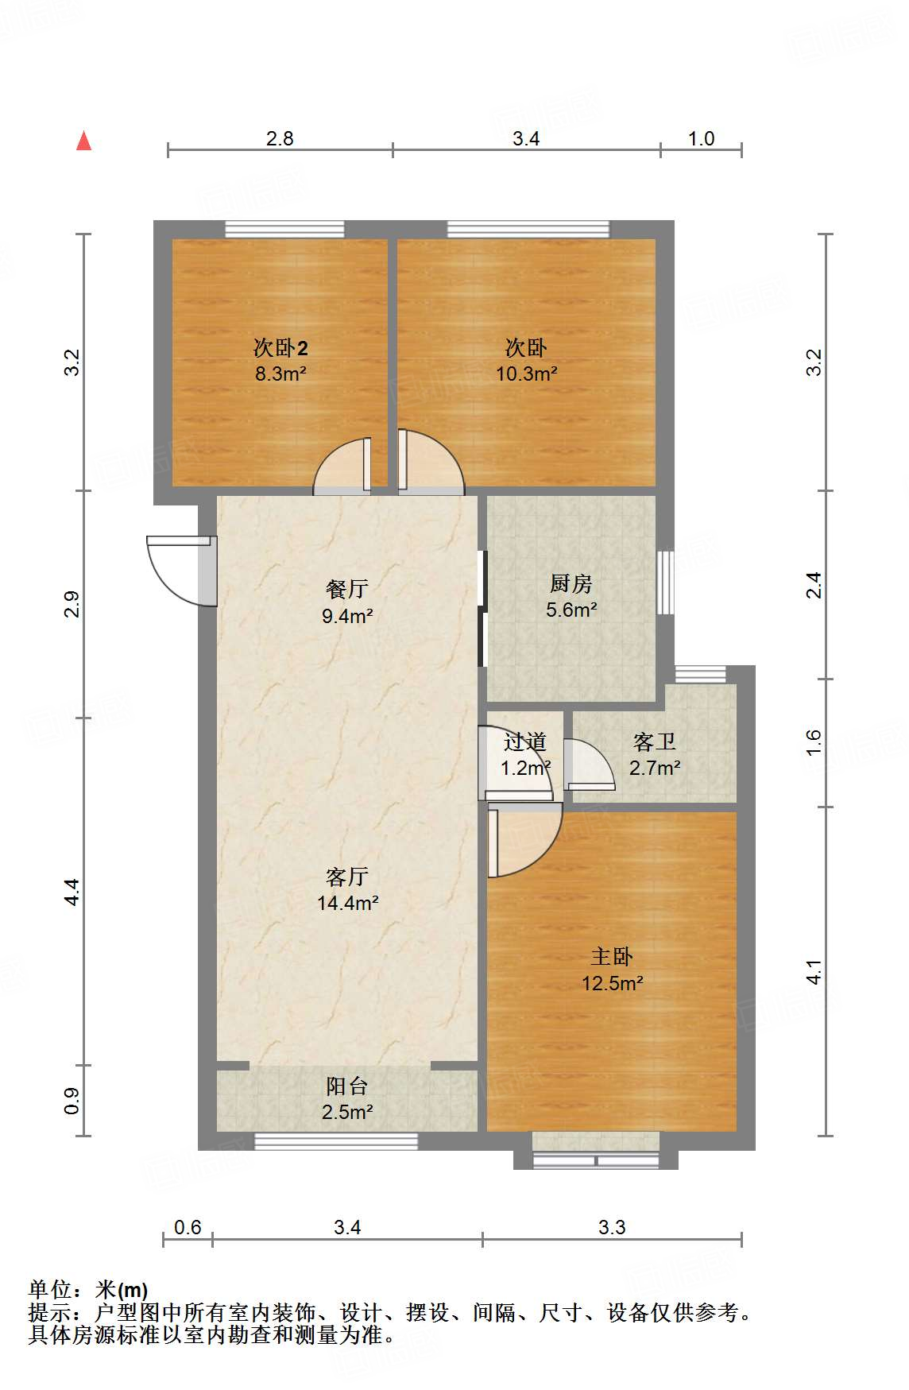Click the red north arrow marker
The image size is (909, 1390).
83,141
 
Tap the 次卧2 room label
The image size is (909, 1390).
280,347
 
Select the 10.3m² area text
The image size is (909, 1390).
526,374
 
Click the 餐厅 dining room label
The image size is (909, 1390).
347,589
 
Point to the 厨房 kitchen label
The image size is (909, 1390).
571,584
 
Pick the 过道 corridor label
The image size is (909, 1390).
524,741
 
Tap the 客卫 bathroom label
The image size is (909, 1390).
654,741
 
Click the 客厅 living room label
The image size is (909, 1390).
347,877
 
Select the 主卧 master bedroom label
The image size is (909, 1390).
611,956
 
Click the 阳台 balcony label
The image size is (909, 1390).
347,1086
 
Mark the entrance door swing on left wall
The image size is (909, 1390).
178,569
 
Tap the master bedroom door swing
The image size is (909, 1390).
520,840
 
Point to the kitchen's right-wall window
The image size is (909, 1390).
665,581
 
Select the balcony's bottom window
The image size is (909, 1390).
335,1142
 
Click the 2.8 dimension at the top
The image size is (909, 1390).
280,139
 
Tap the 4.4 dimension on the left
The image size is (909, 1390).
72,892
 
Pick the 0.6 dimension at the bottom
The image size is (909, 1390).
188,1227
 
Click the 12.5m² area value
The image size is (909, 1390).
612,983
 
